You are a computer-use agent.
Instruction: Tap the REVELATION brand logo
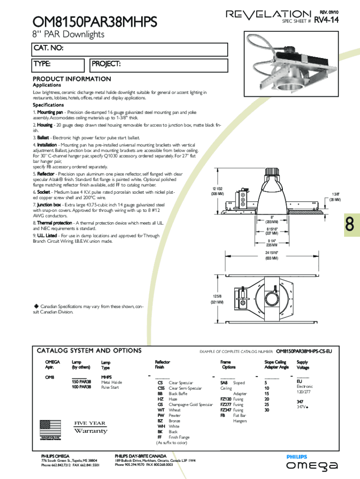pyautogui.click(x=268, y=15)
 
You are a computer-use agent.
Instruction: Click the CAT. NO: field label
pyautogui.click(x=48, y=48)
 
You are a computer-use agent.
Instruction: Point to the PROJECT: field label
pyautogui.click(x=106, y=64)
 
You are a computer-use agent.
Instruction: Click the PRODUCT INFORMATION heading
pyautogui.click(x=72, y=79)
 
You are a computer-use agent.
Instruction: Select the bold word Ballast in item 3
pyautogui.click(x=43, y=138)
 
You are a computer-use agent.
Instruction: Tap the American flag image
pyautogui.click(x=50, y=428)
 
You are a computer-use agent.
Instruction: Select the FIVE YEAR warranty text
pyautogui.click(x=90, y=423)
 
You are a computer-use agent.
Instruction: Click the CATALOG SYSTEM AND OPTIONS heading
pyautogui.click(x=89, y=350)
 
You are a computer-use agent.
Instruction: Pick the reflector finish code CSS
pyautogui.click(x=161, y=388)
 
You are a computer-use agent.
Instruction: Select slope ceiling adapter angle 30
pyautogui.click(x=267, y=410)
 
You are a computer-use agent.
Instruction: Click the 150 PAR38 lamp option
pyautogui.click(x=81, y=382)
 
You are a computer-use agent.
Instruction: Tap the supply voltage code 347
pyautogui.click(x=300, y=401)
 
